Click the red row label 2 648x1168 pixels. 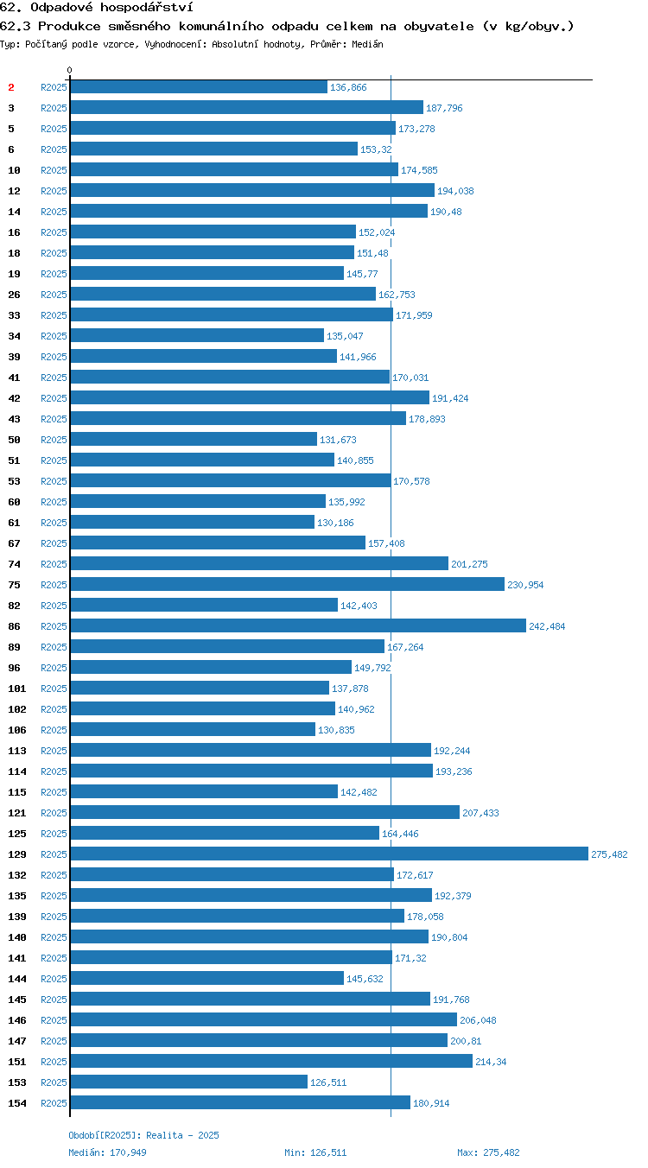point(11,87)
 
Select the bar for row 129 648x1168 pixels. point(329,854)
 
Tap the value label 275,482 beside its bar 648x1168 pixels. point(609,854)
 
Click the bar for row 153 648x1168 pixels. point(189,1082)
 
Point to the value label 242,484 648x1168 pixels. point(547,626)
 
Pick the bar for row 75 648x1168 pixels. point(288,584)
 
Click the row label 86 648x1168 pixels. point(14,626)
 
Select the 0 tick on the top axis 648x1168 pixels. point(69,70)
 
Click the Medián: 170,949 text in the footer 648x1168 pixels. point(107,1152)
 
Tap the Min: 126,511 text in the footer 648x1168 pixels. point(315,1152)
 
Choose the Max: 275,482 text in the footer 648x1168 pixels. point(488,1152)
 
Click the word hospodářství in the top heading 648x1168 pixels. point(147,7)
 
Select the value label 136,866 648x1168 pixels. point(348,87)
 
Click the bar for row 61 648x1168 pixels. point(193,522)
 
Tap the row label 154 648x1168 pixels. point(17,1103)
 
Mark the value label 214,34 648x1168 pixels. point(491,1062)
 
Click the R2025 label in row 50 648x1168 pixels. point(54,440)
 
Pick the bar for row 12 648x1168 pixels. point(253,190)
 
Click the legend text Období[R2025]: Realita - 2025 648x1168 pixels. point(144,1135)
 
